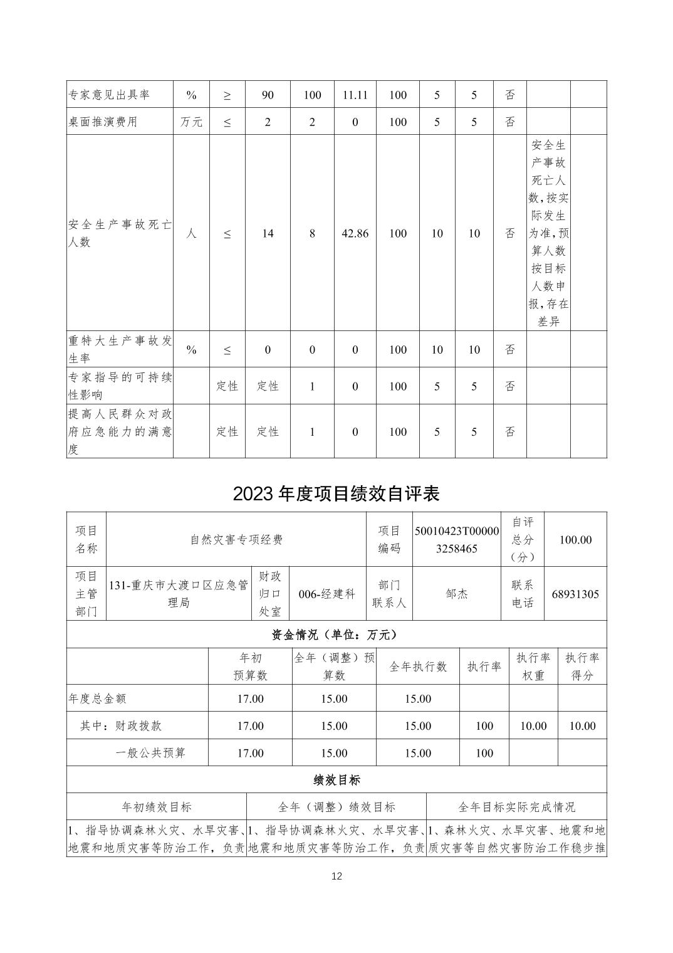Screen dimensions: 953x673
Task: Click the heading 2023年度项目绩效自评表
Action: point(336,494)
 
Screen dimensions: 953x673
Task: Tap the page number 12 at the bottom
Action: point(336,876)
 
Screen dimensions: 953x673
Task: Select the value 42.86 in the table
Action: point(355,233)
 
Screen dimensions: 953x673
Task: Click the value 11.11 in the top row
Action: point(355,95)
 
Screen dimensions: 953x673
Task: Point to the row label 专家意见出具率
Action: point(109,95)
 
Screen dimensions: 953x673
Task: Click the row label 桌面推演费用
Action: point(103,122)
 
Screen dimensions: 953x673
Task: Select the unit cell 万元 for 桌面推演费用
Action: point(191,122)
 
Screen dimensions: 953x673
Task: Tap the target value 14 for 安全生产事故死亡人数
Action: point(268,233)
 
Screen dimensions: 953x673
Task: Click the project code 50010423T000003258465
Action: point(457,540)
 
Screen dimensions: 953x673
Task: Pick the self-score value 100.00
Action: point(575,540)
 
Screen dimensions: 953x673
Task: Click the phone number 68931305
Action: point(575,594)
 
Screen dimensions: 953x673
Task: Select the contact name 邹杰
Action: point(457,594)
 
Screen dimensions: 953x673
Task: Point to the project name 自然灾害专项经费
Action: point(236,540)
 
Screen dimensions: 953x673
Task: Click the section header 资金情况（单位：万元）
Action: point(336,634)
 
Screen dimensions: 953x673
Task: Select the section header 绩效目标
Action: point(336,780)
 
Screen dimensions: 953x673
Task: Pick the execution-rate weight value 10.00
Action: point(533,726)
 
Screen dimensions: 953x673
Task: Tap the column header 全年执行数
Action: point(418,666)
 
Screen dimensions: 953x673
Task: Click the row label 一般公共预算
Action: point(150,753)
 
